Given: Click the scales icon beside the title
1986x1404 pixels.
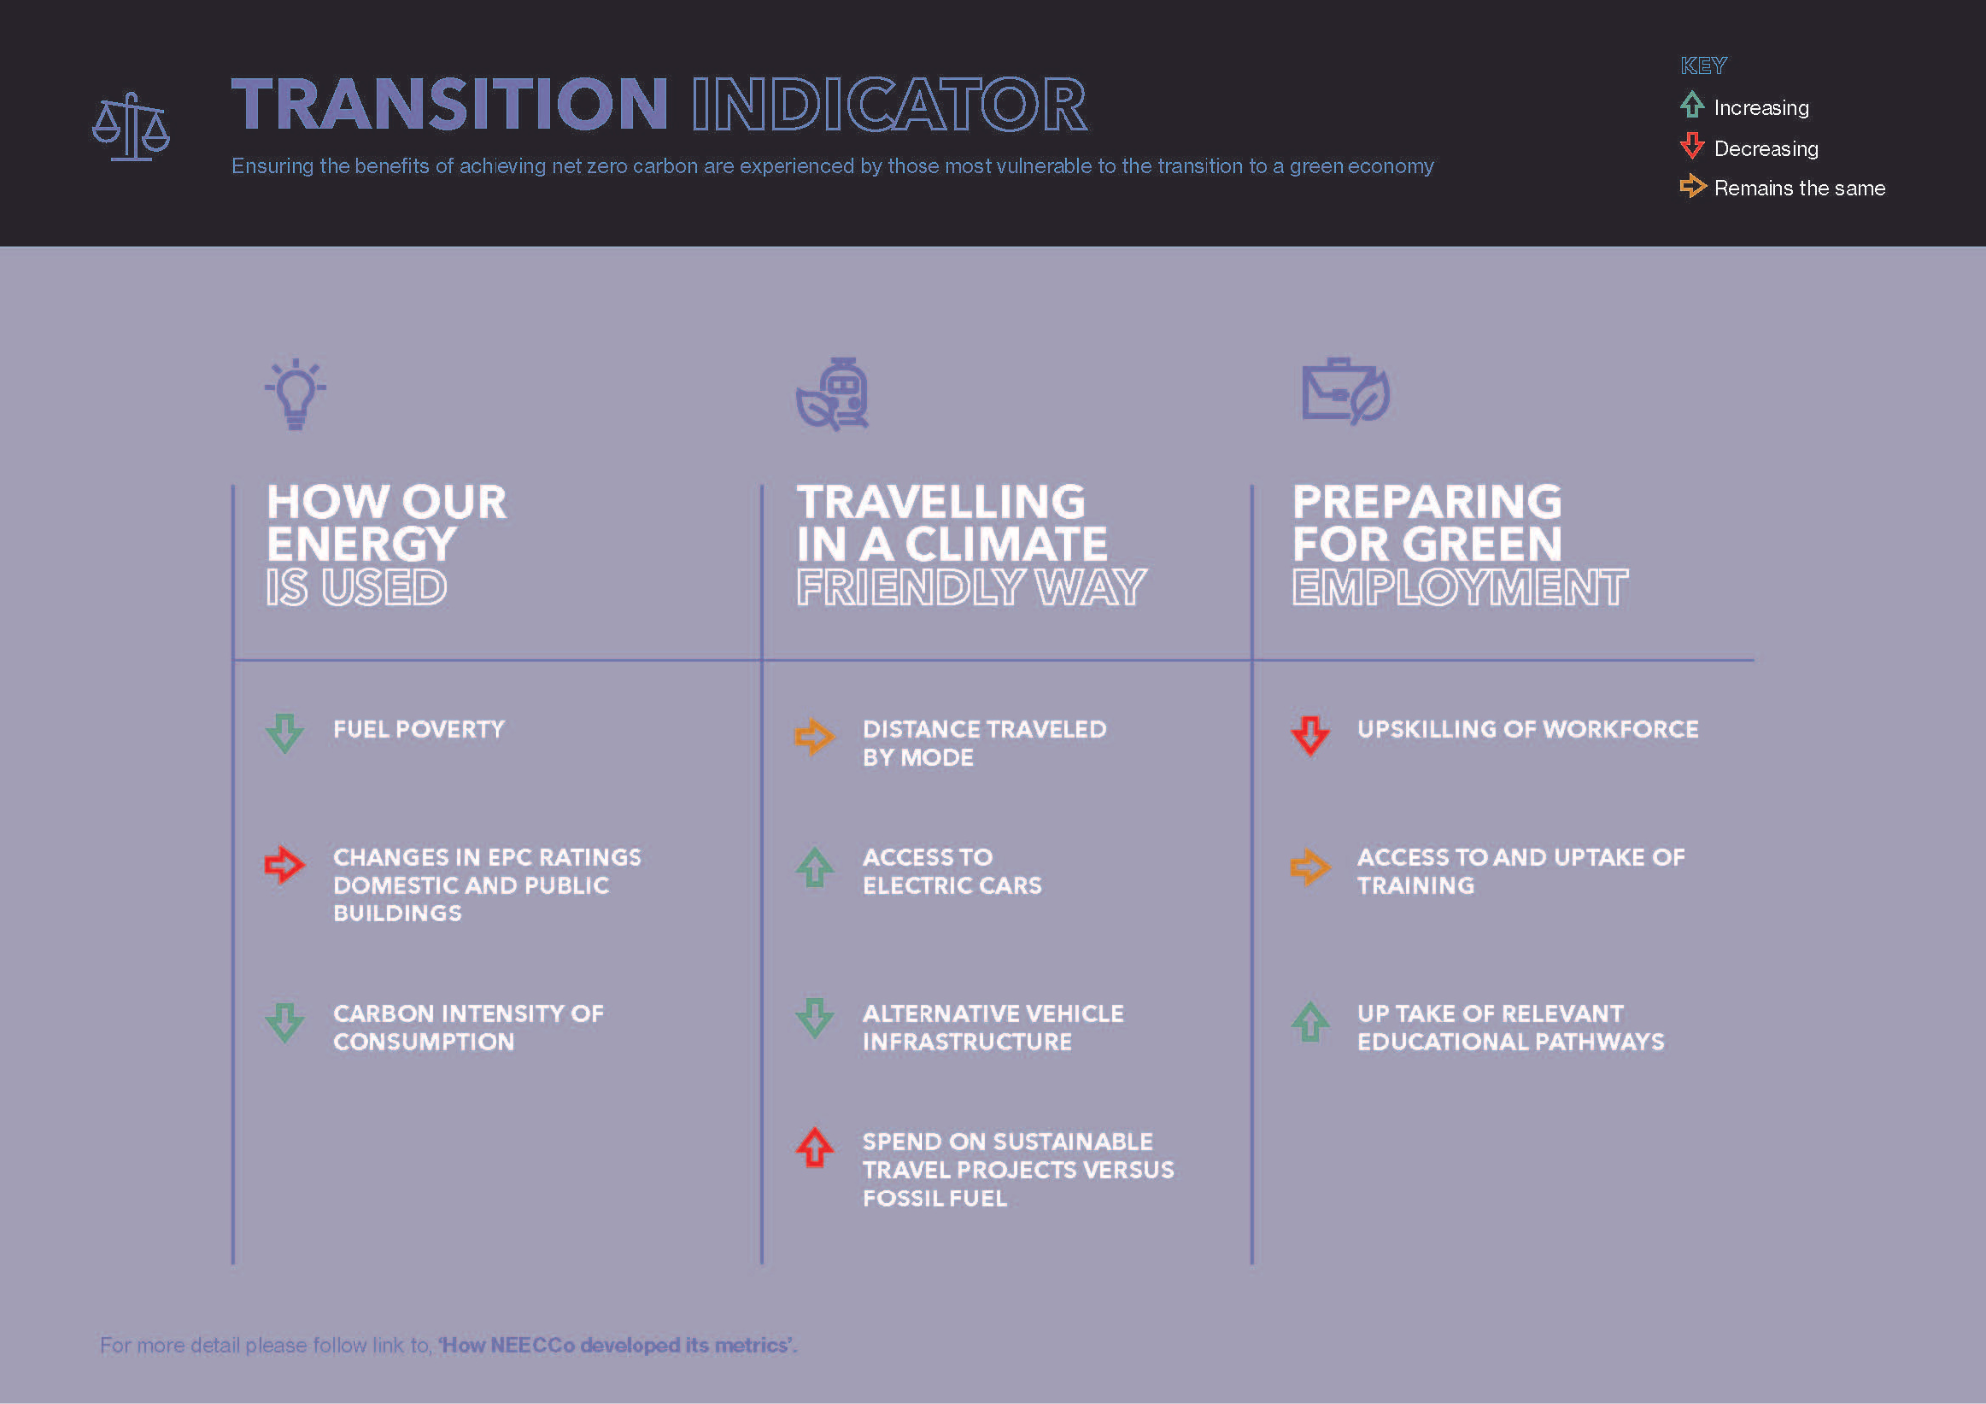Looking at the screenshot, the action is pos(131,127).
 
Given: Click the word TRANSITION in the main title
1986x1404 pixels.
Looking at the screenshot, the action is pos(450,104).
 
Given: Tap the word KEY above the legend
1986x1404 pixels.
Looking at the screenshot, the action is pos(1703,66).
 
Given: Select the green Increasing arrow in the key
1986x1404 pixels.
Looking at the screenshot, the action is pos(1692,104).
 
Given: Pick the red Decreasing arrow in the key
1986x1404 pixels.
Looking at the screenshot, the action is pos(1692,146).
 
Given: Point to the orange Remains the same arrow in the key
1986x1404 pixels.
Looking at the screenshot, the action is pos(1693,186).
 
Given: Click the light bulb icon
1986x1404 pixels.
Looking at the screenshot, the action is pos(295,394).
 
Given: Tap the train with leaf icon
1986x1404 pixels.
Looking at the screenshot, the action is pos(833,394).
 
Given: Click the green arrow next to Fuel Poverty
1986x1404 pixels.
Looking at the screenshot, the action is pos(285,733).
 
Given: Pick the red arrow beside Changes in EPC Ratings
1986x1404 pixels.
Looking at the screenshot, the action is pos(284,865).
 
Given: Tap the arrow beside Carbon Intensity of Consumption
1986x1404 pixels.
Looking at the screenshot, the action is pos(285,1022).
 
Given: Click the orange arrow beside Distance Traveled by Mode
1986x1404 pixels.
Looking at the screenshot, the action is pos(814,737).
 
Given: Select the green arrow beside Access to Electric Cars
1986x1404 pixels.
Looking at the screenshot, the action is pos(815,867).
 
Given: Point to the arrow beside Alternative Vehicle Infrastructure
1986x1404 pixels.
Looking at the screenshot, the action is pos(815,1018).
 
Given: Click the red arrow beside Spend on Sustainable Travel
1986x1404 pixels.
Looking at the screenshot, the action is pos(815,1147).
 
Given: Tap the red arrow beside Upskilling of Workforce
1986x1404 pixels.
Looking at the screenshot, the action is pos(1310,736).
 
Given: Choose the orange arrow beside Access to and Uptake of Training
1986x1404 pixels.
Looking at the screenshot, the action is pos(1310,867).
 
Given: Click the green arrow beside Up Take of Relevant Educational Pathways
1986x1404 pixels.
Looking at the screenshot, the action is pos(1310,1021).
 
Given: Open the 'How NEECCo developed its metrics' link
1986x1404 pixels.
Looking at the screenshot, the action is pos(618,1345).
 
